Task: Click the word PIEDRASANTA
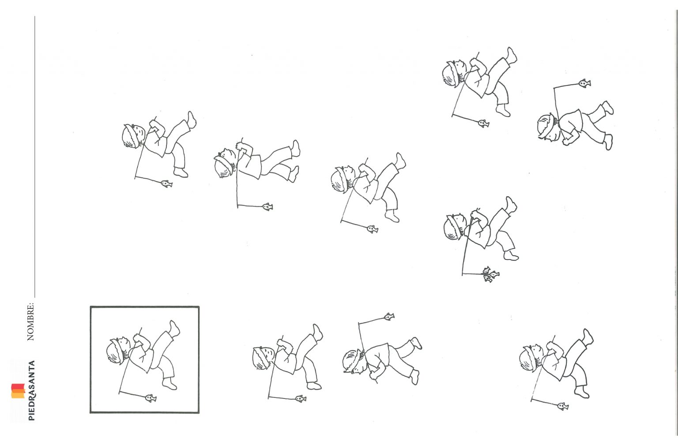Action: [x=31, y=390]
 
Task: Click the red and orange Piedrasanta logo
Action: [x=18, y=391]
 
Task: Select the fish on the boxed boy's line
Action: [x=151, y=398]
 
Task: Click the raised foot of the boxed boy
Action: [x=174, y=328]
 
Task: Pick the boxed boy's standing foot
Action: [x=169, y=384]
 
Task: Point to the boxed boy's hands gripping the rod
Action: [x=140, y=339]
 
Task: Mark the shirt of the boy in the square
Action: [x=142, y=359]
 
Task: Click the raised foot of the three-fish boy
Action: [x=511, y=205]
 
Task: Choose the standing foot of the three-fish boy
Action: [x=511, y=255]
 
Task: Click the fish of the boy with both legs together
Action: [x=267, y=206]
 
